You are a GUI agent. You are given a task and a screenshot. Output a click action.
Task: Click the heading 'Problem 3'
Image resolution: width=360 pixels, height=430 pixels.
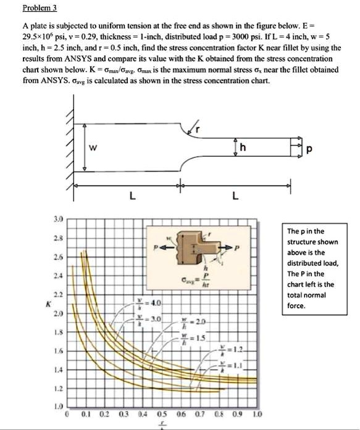tap(40, 8)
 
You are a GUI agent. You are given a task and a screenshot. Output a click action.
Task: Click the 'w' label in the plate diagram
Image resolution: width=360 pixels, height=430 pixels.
tap(91, 147)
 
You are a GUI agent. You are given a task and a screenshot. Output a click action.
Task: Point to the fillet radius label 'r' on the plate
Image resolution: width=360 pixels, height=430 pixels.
tap(198, 128)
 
